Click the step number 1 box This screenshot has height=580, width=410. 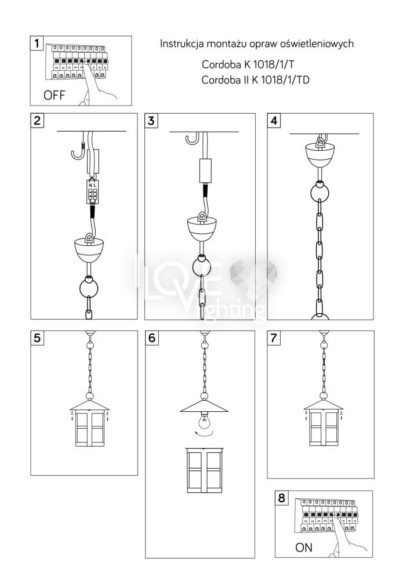pyautogui.click(x=37, y=43)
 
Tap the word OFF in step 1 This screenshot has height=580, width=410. pyautogui.click(x=54, y=95)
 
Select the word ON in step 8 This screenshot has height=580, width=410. pyautogui.click(x=303, y=547)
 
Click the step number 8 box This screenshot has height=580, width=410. pyautogui.click(x=282, y=498)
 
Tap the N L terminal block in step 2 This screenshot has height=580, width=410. pyautogui.click(x=92, y=191)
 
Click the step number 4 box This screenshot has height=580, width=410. pyautogui.click(x=274, y=121)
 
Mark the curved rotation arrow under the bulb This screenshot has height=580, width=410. pyautogui.click(x=204, y=433)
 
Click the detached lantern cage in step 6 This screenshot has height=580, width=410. pyautogui.click(x=205, y=470)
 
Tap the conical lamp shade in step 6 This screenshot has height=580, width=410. pyautogui.click(x=204, y=406)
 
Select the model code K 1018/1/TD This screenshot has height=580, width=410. pyautogui.click(x=281, y=80)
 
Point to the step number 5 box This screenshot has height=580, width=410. pyautogui.click(x=37, y=338)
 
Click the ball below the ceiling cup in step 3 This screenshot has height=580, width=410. pyautogui.click(x=201, y=265)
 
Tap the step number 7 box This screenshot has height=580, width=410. pyautogui.click(x=274, y=338)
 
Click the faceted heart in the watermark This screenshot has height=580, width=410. pyautogui.click(x=253, y=274)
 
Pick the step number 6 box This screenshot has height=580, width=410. pyautogui.click(x=151, y=338)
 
